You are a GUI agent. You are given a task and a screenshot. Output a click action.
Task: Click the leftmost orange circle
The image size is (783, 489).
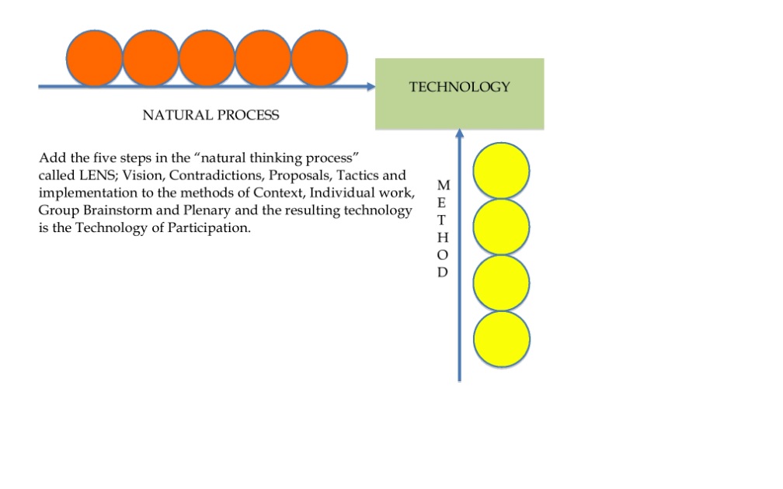(x=94, y=58)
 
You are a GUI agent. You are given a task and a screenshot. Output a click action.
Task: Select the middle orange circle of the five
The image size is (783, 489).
(x=207, y=58)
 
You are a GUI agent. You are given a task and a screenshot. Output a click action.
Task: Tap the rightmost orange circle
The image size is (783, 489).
(x=319, y=58)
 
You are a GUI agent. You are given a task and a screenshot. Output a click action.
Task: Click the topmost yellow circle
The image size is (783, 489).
(x=501, y=171)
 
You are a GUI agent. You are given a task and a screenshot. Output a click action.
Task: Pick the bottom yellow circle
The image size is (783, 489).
(x=502, y=339)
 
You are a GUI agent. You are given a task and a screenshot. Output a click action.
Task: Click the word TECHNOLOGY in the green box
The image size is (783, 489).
(x=459, y=87)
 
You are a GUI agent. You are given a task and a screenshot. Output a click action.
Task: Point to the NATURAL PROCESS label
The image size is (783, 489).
(x=211, y=115)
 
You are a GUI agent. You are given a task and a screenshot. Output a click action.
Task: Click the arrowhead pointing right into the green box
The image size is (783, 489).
(x=371, y=87)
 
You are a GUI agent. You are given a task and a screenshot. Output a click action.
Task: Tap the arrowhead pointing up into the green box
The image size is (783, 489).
(x=459, y=134)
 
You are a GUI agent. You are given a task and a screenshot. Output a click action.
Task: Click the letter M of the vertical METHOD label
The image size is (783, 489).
(x=444, y=185)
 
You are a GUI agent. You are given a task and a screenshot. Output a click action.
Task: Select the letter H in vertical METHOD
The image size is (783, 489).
(x=443, y=238)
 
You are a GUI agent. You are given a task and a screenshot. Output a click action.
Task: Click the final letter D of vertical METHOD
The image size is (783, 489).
(x=443, y=272)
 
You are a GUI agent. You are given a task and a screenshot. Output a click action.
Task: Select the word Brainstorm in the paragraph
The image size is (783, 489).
(x=117, y=210)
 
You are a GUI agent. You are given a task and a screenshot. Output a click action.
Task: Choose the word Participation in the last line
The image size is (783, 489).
(x=209, y=228)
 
